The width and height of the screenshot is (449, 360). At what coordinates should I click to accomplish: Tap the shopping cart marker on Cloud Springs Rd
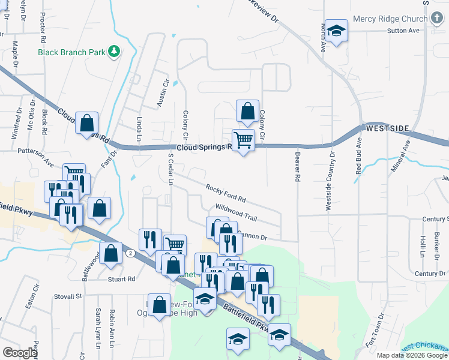(x=244, y=140)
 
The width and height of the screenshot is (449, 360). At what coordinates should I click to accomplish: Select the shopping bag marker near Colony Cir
(x=247, y=111)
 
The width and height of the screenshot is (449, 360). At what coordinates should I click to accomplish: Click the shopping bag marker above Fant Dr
(x=87, y=123)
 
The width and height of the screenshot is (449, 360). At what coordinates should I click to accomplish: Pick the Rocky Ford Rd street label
(x=226, y=193)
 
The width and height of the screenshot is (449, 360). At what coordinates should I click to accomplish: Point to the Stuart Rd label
(x=121, y=279)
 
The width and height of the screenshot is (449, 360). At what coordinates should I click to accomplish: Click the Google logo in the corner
(x=20, y=353)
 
